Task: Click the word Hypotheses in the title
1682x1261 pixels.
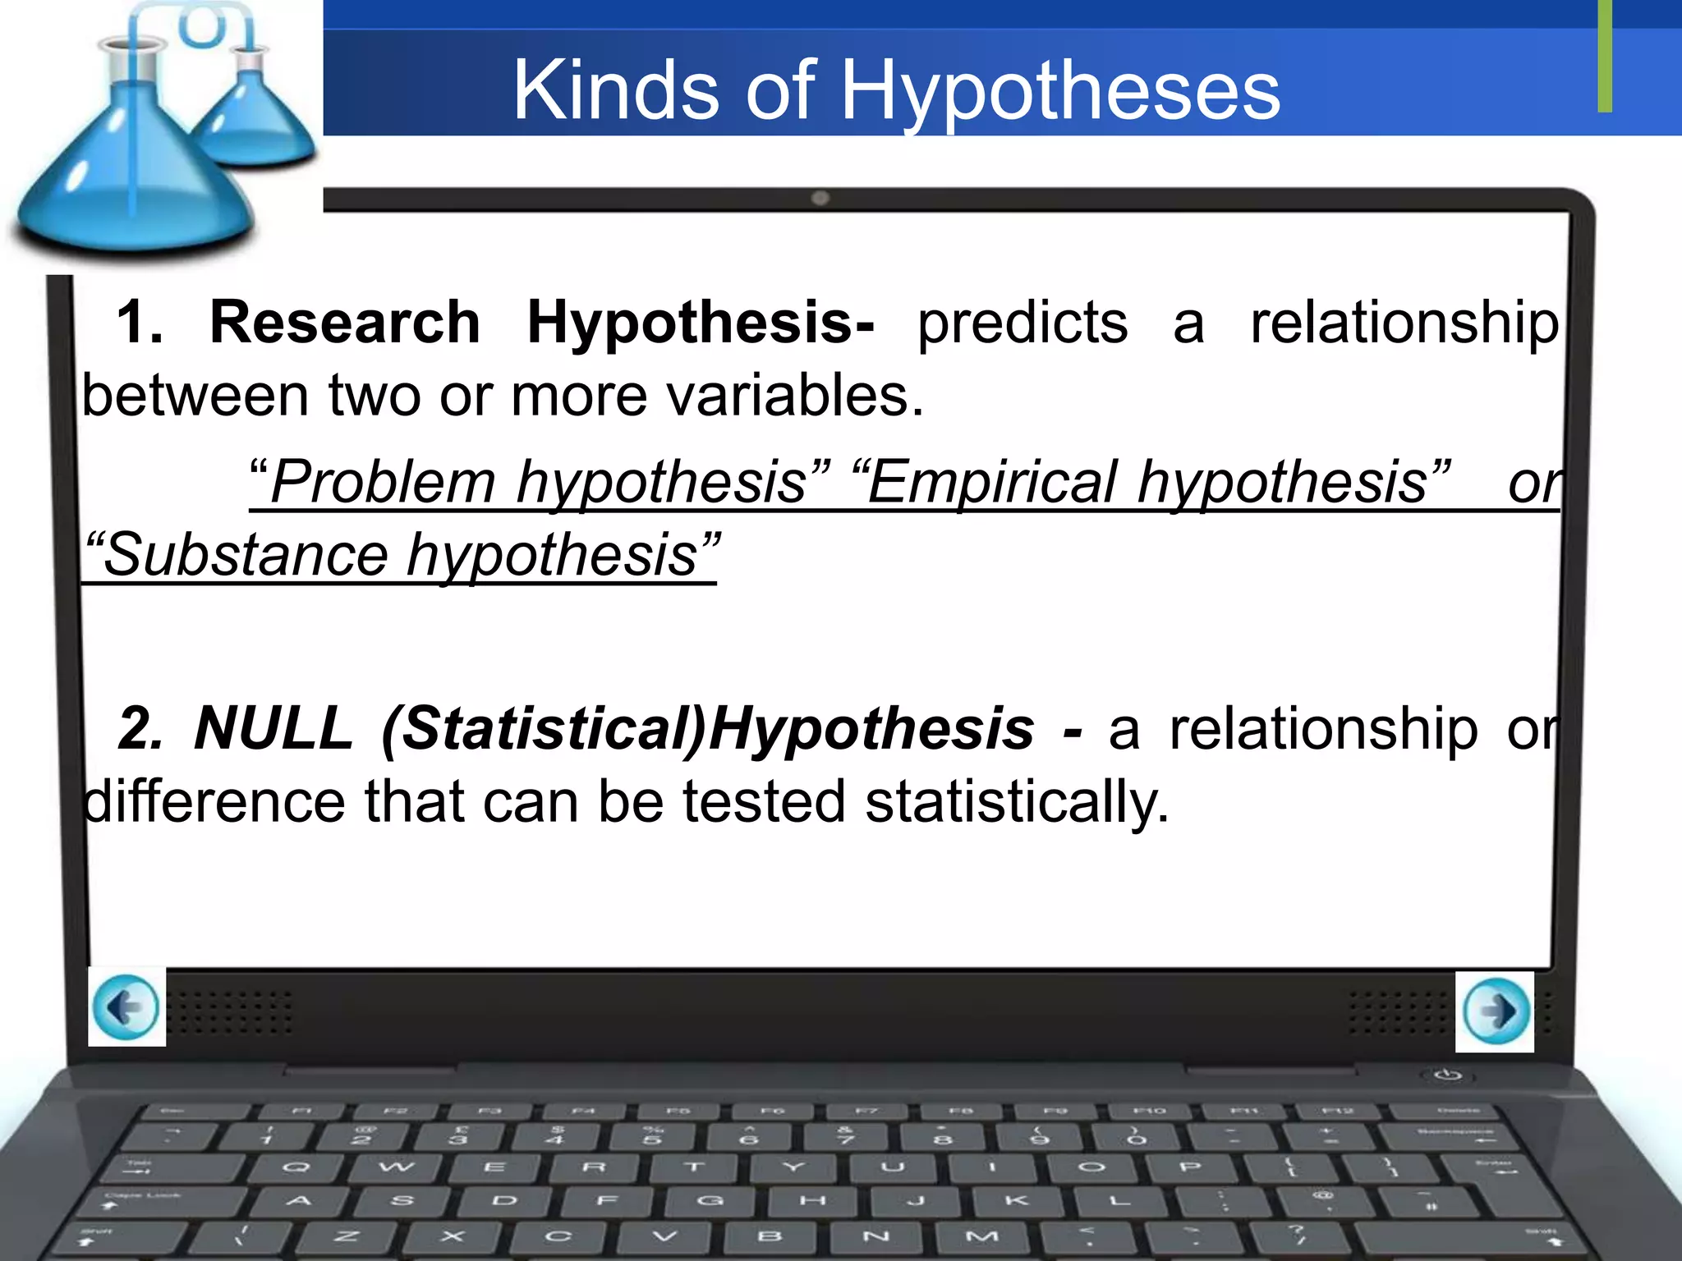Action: [x=1059, y=92]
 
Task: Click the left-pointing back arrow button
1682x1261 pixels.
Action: [x=126, y=1007]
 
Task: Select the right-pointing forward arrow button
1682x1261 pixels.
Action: [x=1495, y=1011]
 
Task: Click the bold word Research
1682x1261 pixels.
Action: [x=345, y=322]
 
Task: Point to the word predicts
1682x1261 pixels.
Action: [x=1023, y=323]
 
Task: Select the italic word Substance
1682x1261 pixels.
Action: [x=246, y=556]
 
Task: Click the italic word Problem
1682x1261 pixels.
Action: [x=382, y=483]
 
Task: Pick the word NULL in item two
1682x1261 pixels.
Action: [x=273, y=729]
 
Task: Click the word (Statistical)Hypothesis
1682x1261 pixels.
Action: [x=707, y=729]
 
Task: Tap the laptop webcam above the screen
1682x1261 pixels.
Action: [x=820, y=198]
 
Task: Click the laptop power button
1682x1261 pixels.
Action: [x=1447, y=1075]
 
